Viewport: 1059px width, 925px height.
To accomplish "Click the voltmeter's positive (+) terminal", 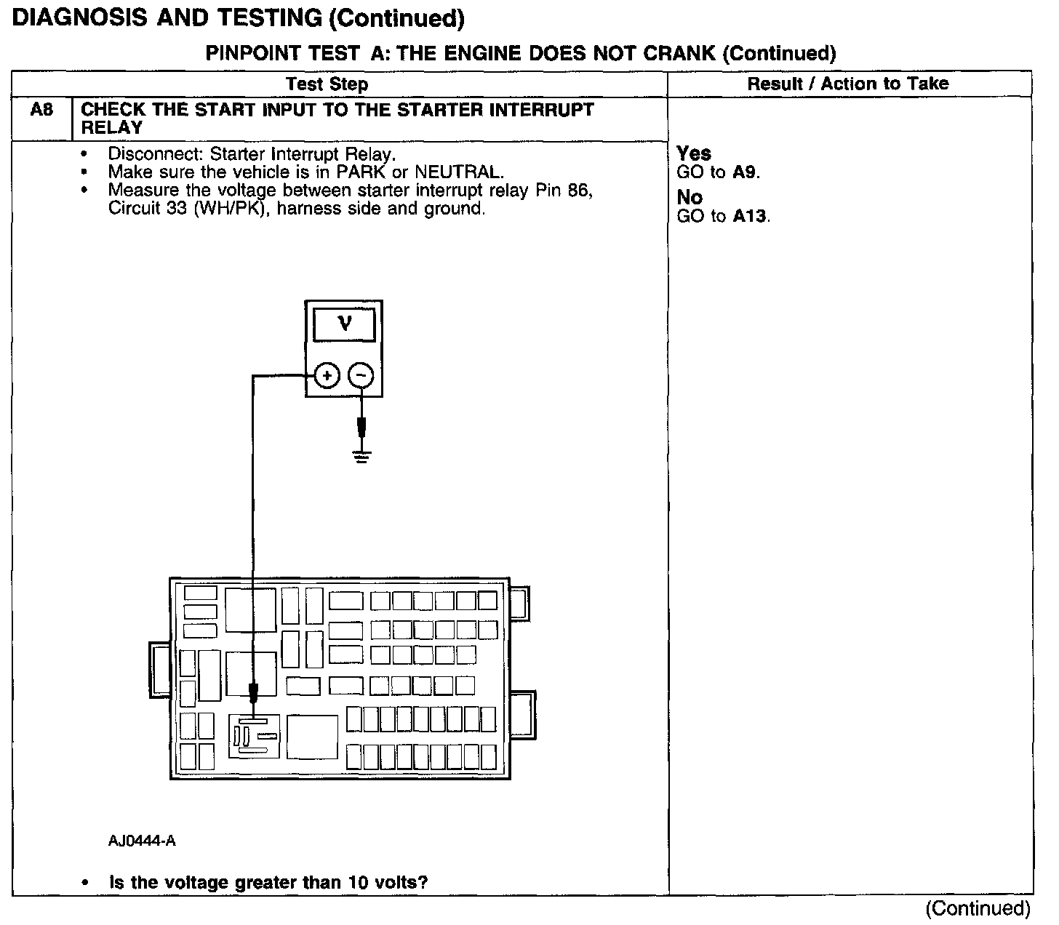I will (x=327, y=376).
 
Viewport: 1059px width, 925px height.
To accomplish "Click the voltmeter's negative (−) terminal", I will (x=361, y=376).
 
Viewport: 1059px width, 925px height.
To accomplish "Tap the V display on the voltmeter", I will (x=345, y=324).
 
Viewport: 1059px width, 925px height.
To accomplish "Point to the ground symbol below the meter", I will (x=361, y=456).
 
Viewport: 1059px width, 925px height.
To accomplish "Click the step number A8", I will (x=42, y=111).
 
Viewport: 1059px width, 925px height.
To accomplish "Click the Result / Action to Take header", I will (x=848, y=84).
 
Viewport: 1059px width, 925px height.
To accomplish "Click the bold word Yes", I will (x=694, y=153).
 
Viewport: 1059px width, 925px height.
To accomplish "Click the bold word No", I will (x=690, y=197).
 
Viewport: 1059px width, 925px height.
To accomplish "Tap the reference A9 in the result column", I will (x=745, y=172).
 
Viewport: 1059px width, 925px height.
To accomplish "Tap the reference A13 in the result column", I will (x=750, y=216).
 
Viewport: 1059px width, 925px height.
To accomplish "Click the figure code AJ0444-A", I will (x=143, y=841).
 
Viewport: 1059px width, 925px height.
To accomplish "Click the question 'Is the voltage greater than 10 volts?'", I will (x=268, y=883).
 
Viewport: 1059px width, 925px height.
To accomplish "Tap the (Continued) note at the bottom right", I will (x=978, y=908).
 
